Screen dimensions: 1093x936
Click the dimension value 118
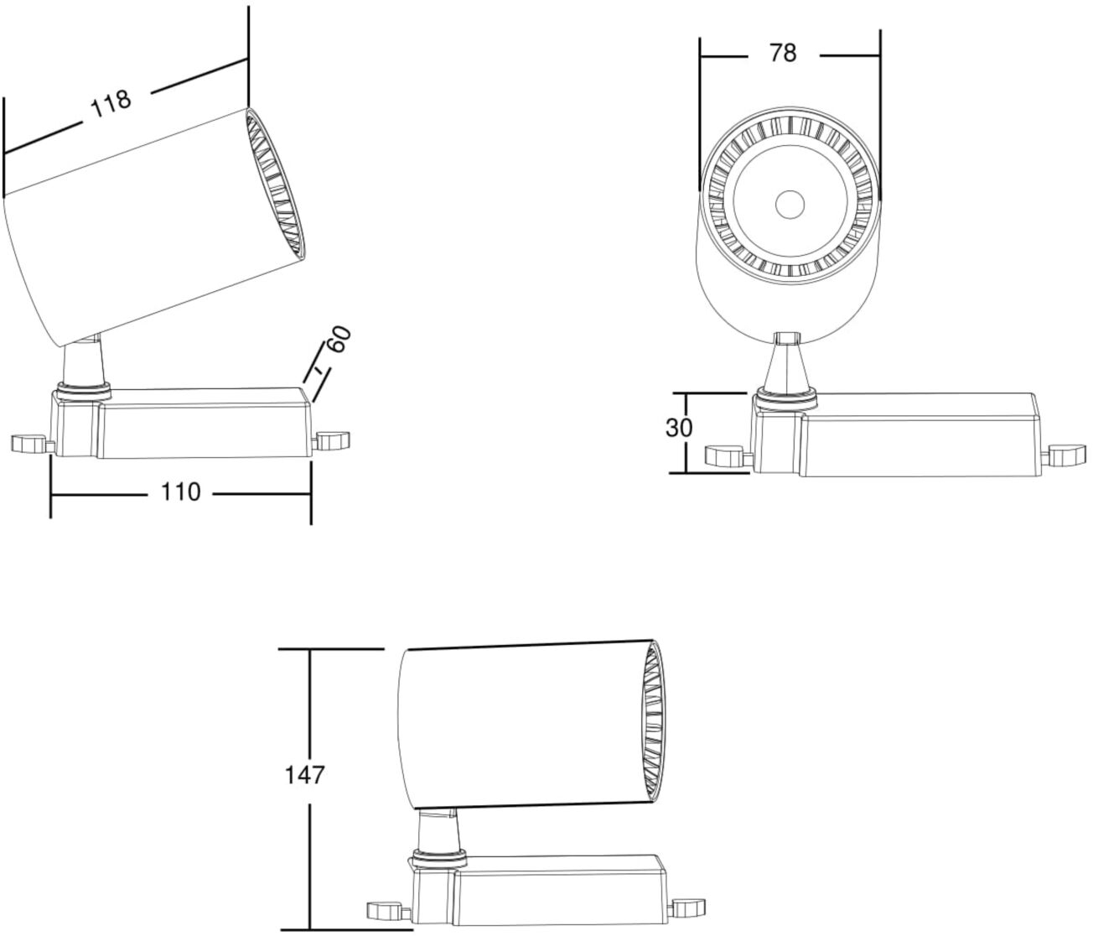[111, 104]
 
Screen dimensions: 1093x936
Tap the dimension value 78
[783, 53]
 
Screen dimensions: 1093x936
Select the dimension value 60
[339, 339]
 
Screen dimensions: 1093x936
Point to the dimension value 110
[180, 492]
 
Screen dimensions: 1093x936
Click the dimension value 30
[678, 428]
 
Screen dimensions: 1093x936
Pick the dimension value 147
[304, 775]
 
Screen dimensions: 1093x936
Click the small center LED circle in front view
[790, 205]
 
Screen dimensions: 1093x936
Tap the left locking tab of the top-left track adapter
[28, 444]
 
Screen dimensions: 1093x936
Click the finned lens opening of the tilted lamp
[276, 185]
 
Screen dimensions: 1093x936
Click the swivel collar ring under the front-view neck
[786, 398]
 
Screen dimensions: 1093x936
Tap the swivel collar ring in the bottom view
[439, 870]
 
